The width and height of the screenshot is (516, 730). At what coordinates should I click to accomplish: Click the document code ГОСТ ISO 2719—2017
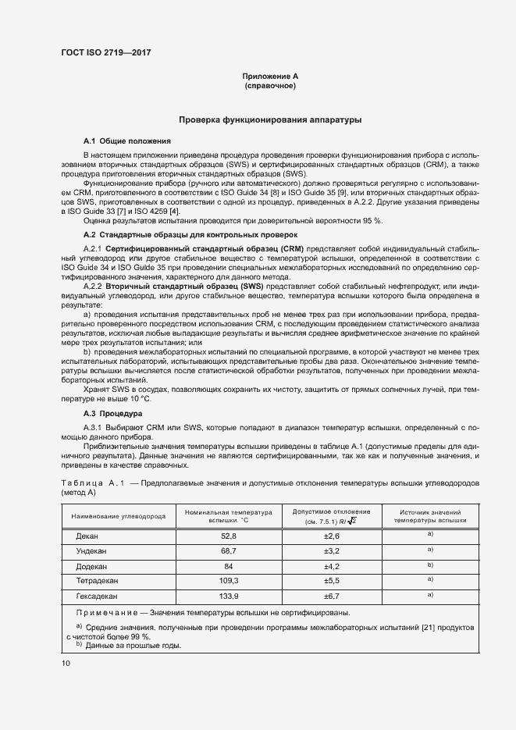[105, 52]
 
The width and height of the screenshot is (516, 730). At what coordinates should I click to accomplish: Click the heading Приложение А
[269, 76]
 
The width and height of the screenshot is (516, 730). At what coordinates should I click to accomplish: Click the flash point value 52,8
[228, 536]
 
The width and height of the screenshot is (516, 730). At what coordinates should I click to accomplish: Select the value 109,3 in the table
[228, 581]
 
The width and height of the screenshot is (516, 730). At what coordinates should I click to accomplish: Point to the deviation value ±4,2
[332, 566]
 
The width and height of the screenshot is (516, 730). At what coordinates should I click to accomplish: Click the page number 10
[65, 664]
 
